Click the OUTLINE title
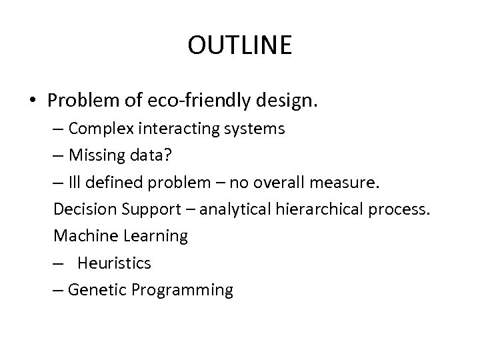(239, 45)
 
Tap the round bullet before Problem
(32, 101)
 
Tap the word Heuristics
(114, 263)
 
